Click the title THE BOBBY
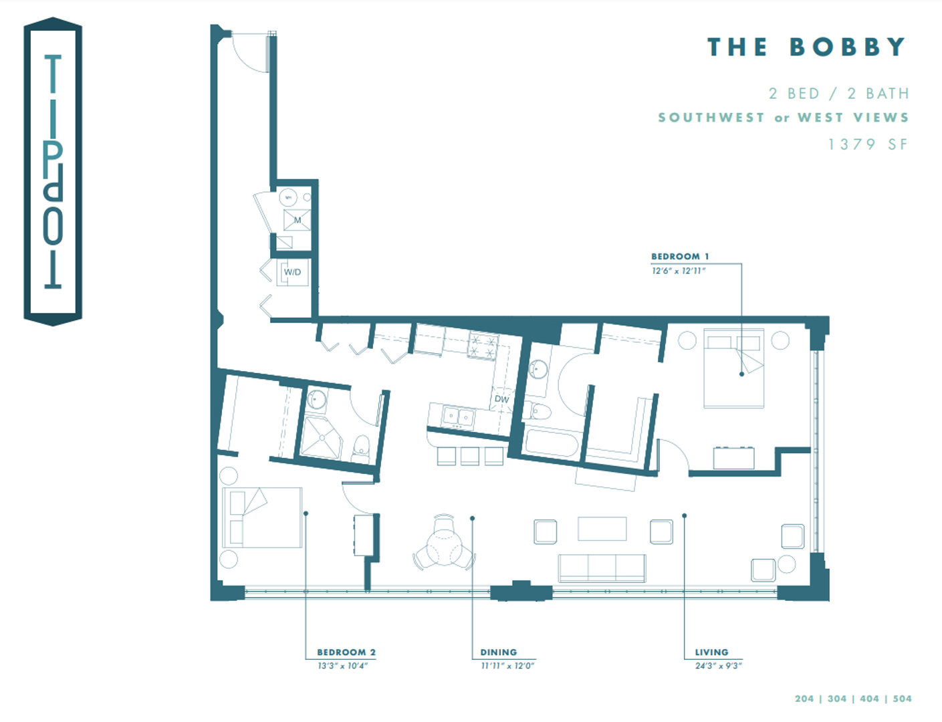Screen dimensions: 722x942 tap(806, 47)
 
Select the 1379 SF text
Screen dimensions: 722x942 tap(868, 144)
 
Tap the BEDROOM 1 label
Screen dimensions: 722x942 tap(679, 257)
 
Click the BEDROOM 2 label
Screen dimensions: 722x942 tap(346, 652)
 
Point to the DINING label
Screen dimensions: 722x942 tap(498, 652)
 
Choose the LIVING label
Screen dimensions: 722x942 tap(711, 652)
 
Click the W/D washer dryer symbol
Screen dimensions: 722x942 tap(292, 272)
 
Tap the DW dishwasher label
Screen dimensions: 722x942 tap(501, 399)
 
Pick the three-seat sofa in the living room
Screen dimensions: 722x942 tap(602, 568)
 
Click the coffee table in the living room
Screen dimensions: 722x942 tap(602, 528)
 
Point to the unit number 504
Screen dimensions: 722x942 tap(902, 699)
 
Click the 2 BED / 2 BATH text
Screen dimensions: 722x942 tap(838, 94)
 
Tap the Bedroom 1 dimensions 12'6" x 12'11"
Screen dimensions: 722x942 tap(678, 271)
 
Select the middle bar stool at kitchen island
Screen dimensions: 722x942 tap(469, 456)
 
